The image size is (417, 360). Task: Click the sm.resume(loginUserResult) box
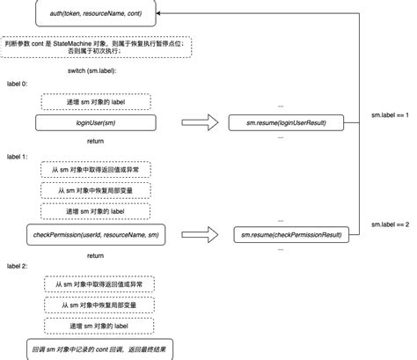pos(286,123)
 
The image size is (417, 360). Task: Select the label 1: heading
pos(18,155)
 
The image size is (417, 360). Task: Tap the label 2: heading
pos(18,265)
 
